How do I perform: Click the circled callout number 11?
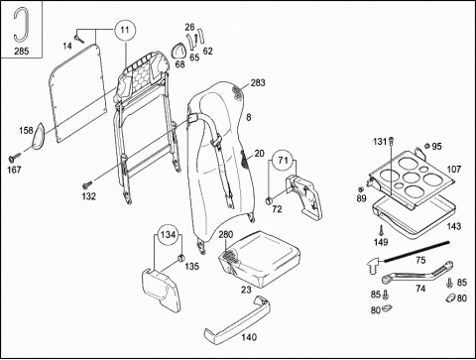(x=125, y=31)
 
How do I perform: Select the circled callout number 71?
(x=284, y=161)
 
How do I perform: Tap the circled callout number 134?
(x=168, y=235)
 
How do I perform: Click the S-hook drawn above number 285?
(x=21, y=25)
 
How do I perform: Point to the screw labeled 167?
(x=15, y=157)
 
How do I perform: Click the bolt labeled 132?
(x=87, y=183)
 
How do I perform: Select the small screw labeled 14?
(x=79, y=39)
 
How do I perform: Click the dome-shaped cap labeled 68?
(x=178, y=51)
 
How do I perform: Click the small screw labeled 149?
(x=381, y=229)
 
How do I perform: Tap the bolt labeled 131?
(x=391, y=142)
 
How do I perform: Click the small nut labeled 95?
(x=427, y=146)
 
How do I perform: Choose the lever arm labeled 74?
(x=417, y=273)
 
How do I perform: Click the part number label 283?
(x=258, y=82)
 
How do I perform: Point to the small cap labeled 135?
(x=180, y=258)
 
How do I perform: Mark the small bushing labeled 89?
(x=361, y=189)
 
